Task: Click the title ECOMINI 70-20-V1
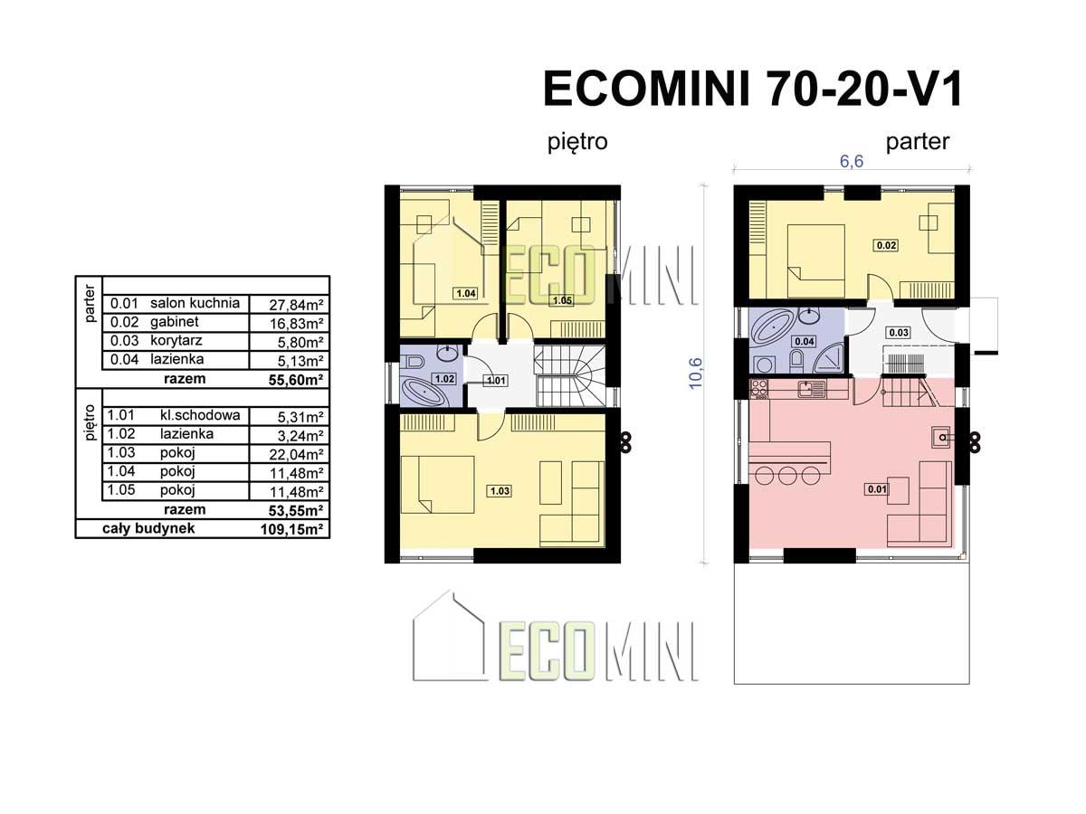752,89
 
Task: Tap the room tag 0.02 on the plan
886,245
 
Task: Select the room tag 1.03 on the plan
500,491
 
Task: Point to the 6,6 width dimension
852,161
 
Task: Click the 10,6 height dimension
695,374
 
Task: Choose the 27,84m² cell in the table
296,305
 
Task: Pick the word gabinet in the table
174,322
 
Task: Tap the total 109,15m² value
292,530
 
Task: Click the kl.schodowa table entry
200,415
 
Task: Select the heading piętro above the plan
577,142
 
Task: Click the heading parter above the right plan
918,142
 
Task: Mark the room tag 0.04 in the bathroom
805,341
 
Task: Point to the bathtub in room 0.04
772,327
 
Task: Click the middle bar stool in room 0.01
787,476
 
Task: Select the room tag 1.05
563,300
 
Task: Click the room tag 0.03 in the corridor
899,333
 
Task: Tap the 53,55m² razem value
296,510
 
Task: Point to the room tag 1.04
466,293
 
